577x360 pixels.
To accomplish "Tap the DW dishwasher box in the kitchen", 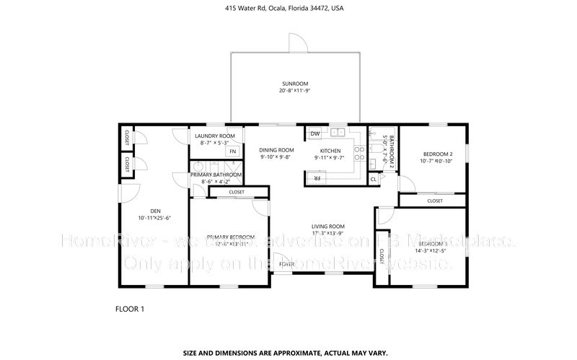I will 315,134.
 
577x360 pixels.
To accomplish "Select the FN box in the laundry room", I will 232,152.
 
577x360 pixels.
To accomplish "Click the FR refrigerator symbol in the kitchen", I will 314,177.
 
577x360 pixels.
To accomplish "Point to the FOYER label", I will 287,264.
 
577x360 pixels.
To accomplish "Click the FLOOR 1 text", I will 130,309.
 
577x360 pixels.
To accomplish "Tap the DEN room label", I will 149,211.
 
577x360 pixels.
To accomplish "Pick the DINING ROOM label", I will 277,150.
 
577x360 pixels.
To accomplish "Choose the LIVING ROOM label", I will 327,226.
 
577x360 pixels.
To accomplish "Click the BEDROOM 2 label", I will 438,154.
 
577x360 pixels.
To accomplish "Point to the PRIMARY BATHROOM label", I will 216,175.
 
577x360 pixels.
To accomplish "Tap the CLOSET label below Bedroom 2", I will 434,201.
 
